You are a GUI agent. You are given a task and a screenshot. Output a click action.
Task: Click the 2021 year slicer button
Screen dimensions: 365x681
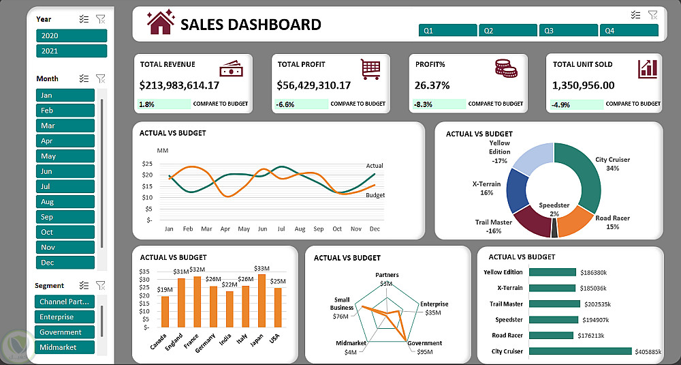(72, 51)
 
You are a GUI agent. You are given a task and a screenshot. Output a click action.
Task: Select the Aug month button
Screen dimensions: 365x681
(65, 202)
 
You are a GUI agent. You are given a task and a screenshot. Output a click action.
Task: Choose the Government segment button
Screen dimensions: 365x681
(65, 332)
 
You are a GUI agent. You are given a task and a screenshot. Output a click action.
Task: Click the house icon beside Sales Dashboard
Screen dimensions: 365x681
(161, 23)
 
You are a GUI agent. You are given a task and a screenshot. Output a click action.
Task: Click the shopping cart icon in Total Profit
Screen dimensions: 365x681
(370, 68)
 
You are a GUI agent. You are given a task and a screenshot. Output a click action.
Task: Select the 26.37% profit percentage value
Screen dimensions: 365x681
(432, 85)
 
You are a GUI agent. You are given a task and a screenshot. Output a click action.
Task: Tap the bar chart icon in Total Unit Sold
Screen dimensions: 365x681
(648, 68)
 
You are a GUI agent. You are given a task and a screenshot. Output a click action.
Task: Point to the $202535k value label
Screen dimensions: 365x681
(597, 304)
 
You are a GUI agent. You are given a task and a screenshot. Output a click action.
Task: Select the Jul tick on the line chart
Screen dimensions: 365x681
(281, 229)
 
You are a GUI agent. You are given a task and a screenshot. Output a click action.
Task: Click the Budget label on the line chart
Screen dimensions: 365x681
(375, 195)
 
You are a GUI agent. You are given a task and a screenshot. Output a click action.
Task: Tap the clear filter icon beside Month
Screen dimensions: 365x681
(101, 78)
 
